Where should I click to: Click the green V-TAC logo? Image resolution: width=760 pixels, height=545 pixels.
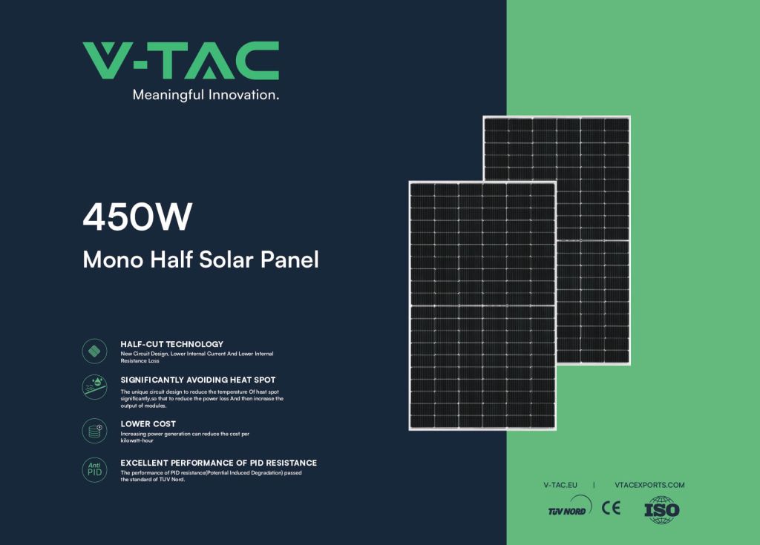point(181,61)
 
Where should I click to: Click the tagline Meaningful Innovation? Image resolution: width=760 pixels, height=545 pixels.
point(206,95)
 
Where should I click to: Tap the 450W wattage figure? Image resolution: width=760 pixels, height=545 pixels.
point(137,217)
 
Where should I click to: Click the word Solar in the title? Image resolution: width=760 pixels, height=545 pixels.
point(226,260)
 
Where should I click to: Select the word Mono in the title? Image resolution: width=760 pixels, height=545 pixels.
point(114,260)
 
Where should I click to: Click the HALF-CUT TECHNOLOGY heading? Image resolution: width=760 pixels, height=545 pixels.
point(172,345)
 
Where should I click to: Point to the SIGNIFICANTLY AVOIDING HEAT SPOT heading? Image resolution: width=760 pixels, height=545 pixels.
point(197,380)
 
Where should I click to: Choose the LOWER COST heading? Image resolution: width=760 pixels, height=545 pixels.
point(148,424)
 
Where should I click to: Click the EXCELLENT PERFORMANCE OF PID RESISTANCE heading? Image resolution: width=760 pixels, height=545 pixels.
point(219,463)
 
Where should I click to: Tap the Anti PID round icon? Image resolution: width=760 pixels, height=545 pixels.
point(94,470)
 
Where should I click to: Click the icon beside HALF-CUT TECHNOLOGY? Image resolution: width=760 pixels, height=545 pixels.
point(94,351)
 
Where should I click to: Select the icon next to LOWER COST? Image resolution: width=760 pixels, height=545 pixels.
point(94,431)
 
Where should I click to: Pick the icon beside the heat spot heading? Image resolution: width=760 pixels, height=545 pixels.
point(94,387)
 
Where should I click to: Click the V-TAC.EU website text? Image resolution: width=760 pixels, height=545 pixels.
point(560,485)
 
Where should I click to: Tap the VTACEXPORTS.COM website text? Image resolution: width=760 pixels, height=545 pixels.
point(649,485)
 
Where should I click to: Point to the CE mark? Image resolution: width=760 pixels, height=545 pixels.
point(612,508)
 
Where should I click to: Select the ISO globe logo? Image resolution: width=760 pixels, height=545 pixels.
point(661,509)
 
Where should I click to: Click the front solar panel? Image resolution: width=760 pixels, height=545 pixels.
point(482,305)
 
